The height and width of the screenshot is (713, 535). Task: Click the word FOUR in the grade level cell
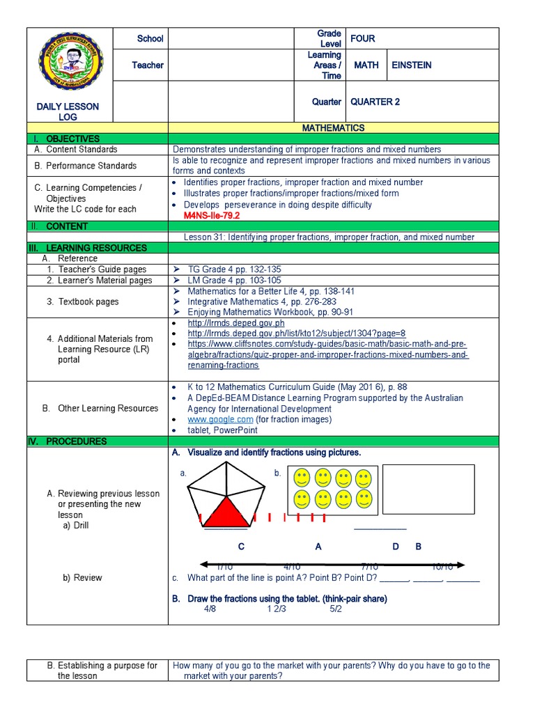(x=362, y=39)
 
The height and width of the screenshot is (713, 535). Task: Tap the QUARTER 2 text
(x=375, y=102)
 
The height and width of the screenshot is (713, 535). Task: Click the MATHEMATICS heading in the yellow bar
(x=333, y=128)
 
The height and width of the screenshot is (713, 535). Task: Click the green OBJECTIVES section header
(x=72, y=139)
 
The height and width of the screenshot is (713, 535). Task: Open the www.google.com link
(x=220, y=420)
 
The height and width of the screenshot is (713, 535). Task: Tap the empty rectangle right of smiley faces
(x=428, y=489)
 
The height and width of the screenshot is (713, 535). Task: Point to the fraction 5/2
(x=336, y=609)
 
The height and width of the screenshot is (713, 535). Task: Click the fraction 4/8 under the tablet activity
(x=210, y=609)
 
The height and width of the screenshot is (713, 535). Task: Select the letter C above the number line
(x=241, y=547)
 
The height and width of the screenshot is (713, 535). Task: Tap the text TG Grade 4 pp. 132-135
(x=234, y=269)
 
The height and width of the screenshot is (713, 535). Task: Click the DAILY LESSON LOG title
(x=68, y=112)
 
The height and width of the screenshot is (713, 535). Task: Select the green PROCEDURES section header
(x=76, y=441)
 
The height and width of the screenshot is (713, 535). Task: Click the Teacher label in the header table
(x=148, y=65)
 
